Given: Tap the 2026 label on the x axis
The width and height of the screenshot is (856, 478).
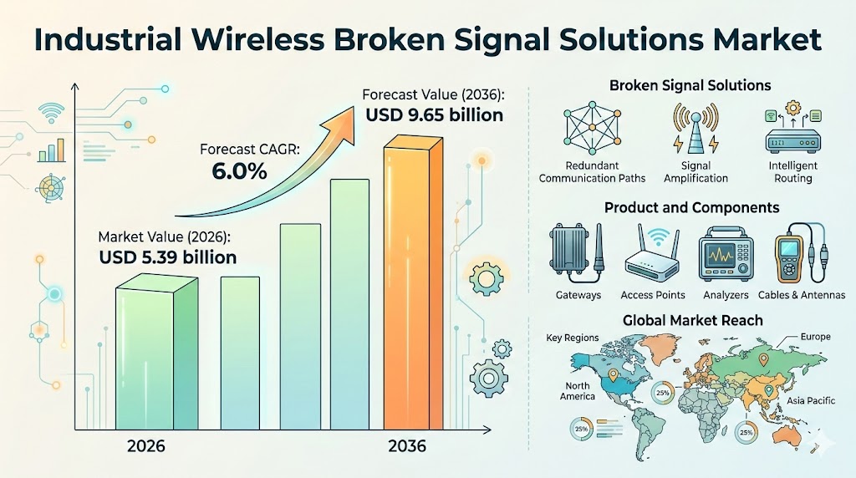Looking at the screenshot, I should tap(145, 446).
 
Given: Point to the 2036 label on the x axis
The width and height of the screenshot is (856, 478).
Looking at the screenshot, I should tap(407, 446).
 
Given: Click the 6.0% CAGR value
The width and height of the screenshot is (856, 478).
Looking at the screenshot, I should tap(239, 173).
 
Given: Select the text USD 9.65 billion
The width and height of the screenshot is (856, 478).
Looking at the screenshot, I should tap(434, 114).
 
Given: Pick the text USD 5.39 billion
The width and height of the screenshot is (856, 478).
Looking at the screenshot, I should tap(167, 257).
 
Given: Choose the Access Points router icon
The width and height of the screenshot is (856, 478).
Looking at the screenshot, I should tap(653, 255).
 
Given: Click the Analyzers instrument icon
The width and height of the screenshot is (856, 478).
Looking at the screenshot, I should tap(726, 255).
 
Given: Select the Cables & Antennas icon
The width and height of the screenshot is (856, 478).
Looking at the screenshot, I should tap(800, 255).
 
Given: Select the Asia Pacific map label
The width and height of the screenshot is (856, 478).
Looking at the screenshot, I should tap(811, 401).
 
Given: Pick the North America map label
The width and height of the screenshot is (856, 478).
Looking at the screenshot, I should tap(577, 391).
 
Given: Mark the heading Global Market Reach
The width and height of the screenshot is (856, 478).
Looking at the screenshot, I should tap(693, 320).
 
